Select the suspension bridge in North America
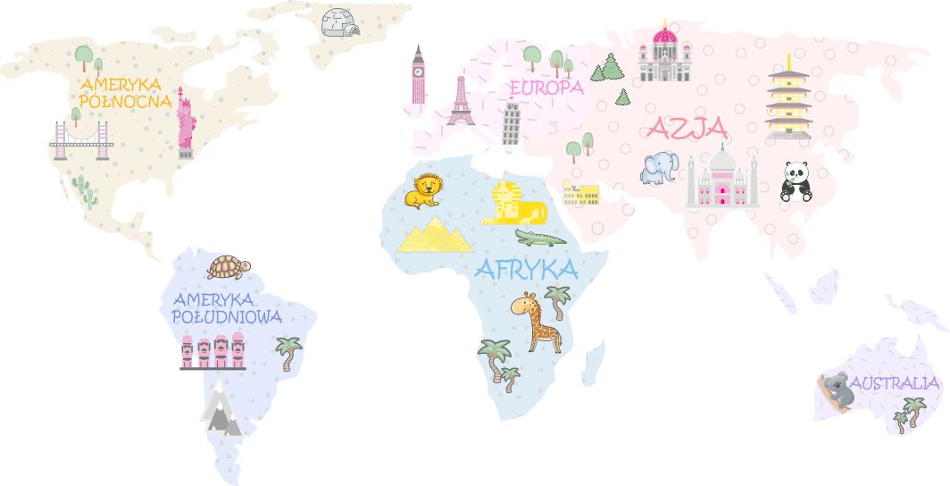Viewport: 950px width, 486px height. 81,140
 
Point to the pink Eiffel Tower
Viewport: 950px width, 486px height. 461,100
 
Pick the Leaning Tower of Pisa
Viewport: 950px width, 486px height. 511,123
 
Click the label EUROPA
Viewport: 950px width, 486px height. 546,88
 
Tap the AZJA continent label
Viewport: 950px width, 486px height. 687,129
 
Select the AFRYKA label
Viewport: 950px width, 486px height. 527,269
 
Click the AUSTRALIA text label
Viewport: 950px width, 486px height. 895,383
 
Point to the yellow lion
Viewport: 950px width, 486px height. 424,190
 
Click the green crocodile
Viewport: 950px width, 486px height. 540,238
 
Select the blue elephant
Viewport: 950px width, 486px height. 659,167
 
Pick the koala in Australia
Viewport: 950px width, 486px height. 837,390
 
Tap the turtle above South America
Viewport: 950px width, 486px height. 229,266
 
